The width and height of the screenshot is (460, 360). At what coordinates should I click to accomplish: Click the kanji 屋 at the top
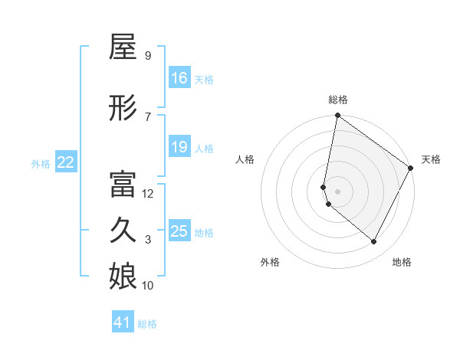pyautogui.click(x=123, y=47)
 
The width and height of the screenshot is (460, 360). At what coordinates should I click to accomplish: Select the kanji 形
pyautogui.click(x=123, y=109)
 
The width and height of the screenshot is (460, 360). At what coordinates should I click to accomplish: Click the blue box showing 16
pyautogui.click(x=179, y=77)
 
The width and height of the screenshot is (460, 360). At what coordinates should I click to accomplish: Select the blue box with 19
pyautogui.click(x=179, y=147)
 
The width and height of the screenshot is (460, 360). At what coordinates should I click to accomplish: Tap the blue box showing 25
pyautogui.click(x=179, y=231)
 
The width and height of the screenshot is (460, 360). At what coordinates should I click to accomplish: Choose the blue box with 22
pyautogui.click(x=66, y=162)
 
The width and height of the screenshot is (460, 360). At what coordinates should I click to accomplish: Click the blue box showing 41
pyautogui.click(x=123, y=322)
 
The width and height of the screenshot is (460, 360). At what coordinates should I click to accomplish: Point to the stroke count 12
pyautogui.click(x=148, y=194)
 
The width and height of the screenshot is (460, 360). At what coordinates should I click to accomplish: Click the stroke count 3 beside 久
pyautogui.click(x=148, y=240)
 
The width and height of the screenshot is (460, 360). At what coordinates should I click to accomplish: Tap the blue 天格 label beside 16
pyautogui.click(x=203, y=79)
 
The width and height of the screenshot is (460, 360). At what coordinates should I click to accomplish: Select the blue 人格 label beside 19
pyautogui.click(x=203, y=148)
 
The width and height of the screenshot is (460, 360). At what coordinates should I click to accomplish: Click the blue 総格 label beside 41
pyautogui.click(x=147, y=324)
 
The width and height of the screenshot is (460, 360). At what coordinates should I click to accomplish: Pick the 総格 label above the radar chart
pyautogui.click(x=338, y=100)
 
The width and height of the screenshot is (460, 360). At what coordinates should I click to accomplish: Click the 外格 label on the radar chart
pyautogui.click(x=270, y=262)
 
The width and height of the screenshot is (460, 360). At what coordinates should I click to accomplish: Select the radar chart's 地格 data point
pyautogui.click(x=374, y=242)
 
